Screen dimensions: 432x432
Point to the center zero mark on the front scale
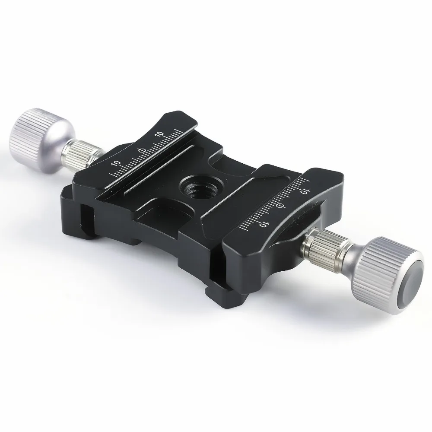tap(280, 206)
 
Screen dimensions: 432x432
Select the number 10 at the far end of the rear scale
tap(159, 134)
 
